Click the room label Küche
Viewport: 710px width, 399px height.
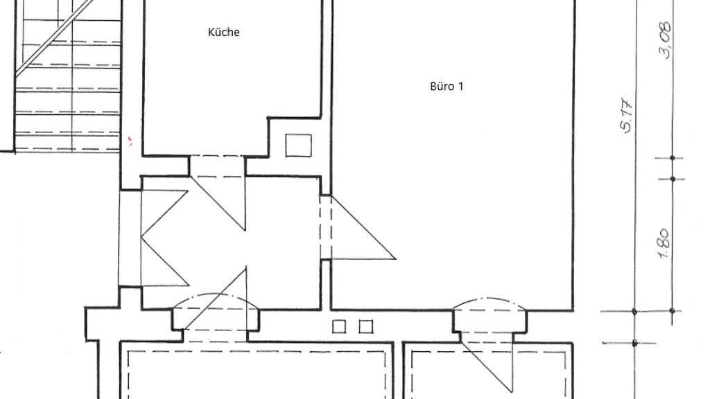[224, 32]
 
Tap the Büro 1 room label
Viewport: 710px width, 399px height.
[447, 87]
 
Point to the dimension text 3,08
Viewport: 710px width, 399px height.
[665, 40]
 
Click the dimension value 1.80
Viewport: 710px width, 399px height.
[663, 244]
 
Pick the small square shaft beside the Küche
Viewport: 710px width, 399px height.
[299, 145]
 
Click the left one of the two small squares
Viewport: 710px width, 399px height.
[340, 326]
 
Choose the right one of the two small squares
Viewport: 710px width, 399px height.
[366, 326]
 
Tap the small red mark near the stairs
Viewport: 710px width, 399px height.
[130, 142]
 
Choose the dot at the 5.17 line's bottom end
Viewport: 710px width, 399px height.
[634, 312]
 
